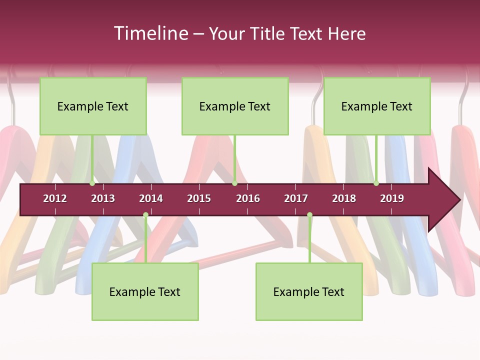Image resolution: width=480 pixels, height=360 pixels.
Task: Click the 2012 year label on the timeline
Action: (x=55, y=198)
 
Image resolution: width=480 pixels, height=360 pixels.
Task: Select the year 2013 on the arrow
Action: (x=103, y=198)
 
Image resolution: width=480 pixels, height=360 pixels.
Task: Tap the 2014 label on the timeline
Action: (x=151, y=198)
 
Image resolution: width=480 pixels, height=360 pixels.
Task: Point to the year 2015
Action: (x=199, y=198)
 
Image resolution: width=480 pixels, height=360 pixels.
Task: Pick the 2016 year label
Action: (x=248, y=198)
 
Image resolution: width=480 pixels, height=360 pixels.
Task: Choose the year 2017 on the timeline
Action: (x=296, y=198)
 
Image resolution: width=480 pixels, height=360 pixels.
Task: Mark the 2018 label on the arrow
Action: (x=344, y=198)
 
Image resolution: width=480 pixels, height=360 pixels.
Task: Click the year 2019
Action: (x=392, y=198)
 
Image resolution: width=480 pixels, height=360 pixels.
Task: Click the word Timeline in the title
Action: (x=150, y=33)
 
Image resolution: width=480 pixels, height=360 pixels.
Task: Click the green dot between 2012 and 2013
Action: (x=92, y=183)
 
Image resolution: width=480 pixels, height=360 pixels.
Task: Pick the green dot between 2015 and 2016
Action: (x=234, y=183)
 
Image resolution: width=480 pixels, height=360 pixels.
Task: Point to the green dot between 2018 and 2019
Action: (x=376, y=183)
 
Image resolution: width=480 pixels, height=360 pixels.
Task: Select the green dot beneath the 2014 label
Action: (x=145, y=215)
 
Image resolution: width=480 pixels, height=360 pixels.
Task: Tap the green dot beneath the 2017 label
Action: (x=309, y=215)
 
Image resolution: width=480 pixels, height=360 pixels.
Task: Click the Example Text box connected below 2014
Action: (x=145, y=292)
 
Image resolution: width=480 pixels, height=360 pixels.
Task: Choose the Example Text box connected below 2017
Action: (x=309, y=292)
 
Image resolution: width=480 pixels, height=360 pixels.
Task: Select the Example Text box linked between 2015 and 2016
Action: (x=235, y=106)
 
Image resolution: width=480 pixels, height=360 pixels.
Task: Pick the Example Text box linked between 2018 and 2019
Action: (x=377, y=106)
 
